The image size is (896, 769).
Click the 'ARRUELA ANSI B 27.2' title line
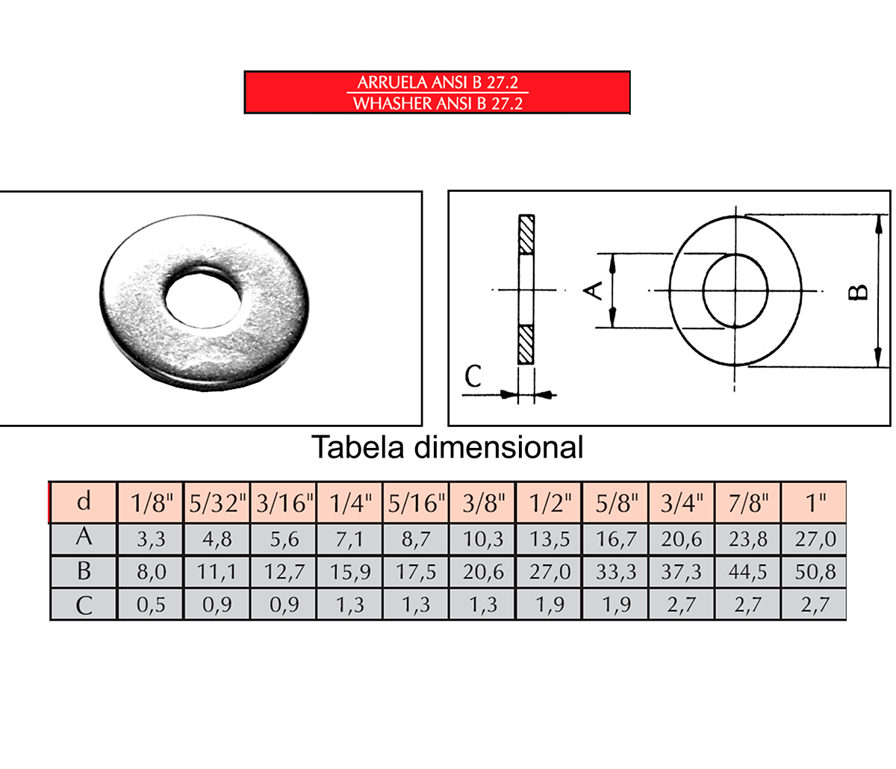pos(438,82)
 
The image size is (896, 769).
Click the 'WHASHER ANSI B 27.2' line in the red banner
pos(438,103)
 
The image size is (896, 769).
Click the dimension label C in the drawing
pos(473,376)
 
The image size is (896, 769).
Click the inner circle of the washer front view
pos(735,290)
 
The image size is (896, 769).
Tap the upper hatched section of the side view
pos(526,234)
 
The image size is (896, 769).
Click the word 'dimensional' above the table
pos(498,447)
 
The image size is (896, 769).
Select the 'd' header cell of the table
pos(84,502)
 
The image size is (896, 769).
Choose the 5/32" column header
pos(217,503)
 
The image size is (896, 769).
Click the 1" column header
pos(815,503)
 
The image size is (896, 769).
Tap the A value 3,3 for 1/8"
pos(151,538)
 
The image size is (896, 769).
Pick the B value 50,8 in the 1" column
pos(815,572)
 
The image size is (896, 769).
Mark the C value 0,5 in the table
pos(151,605)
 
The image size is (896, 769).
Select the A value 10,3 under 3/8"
pos(483,538)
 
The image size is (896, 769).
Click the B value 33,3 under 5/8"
pos(616,572)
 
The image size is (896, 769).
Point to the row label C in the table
pos(84,605)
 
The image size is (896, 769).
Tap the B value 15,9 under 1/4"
pos(350,572)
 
